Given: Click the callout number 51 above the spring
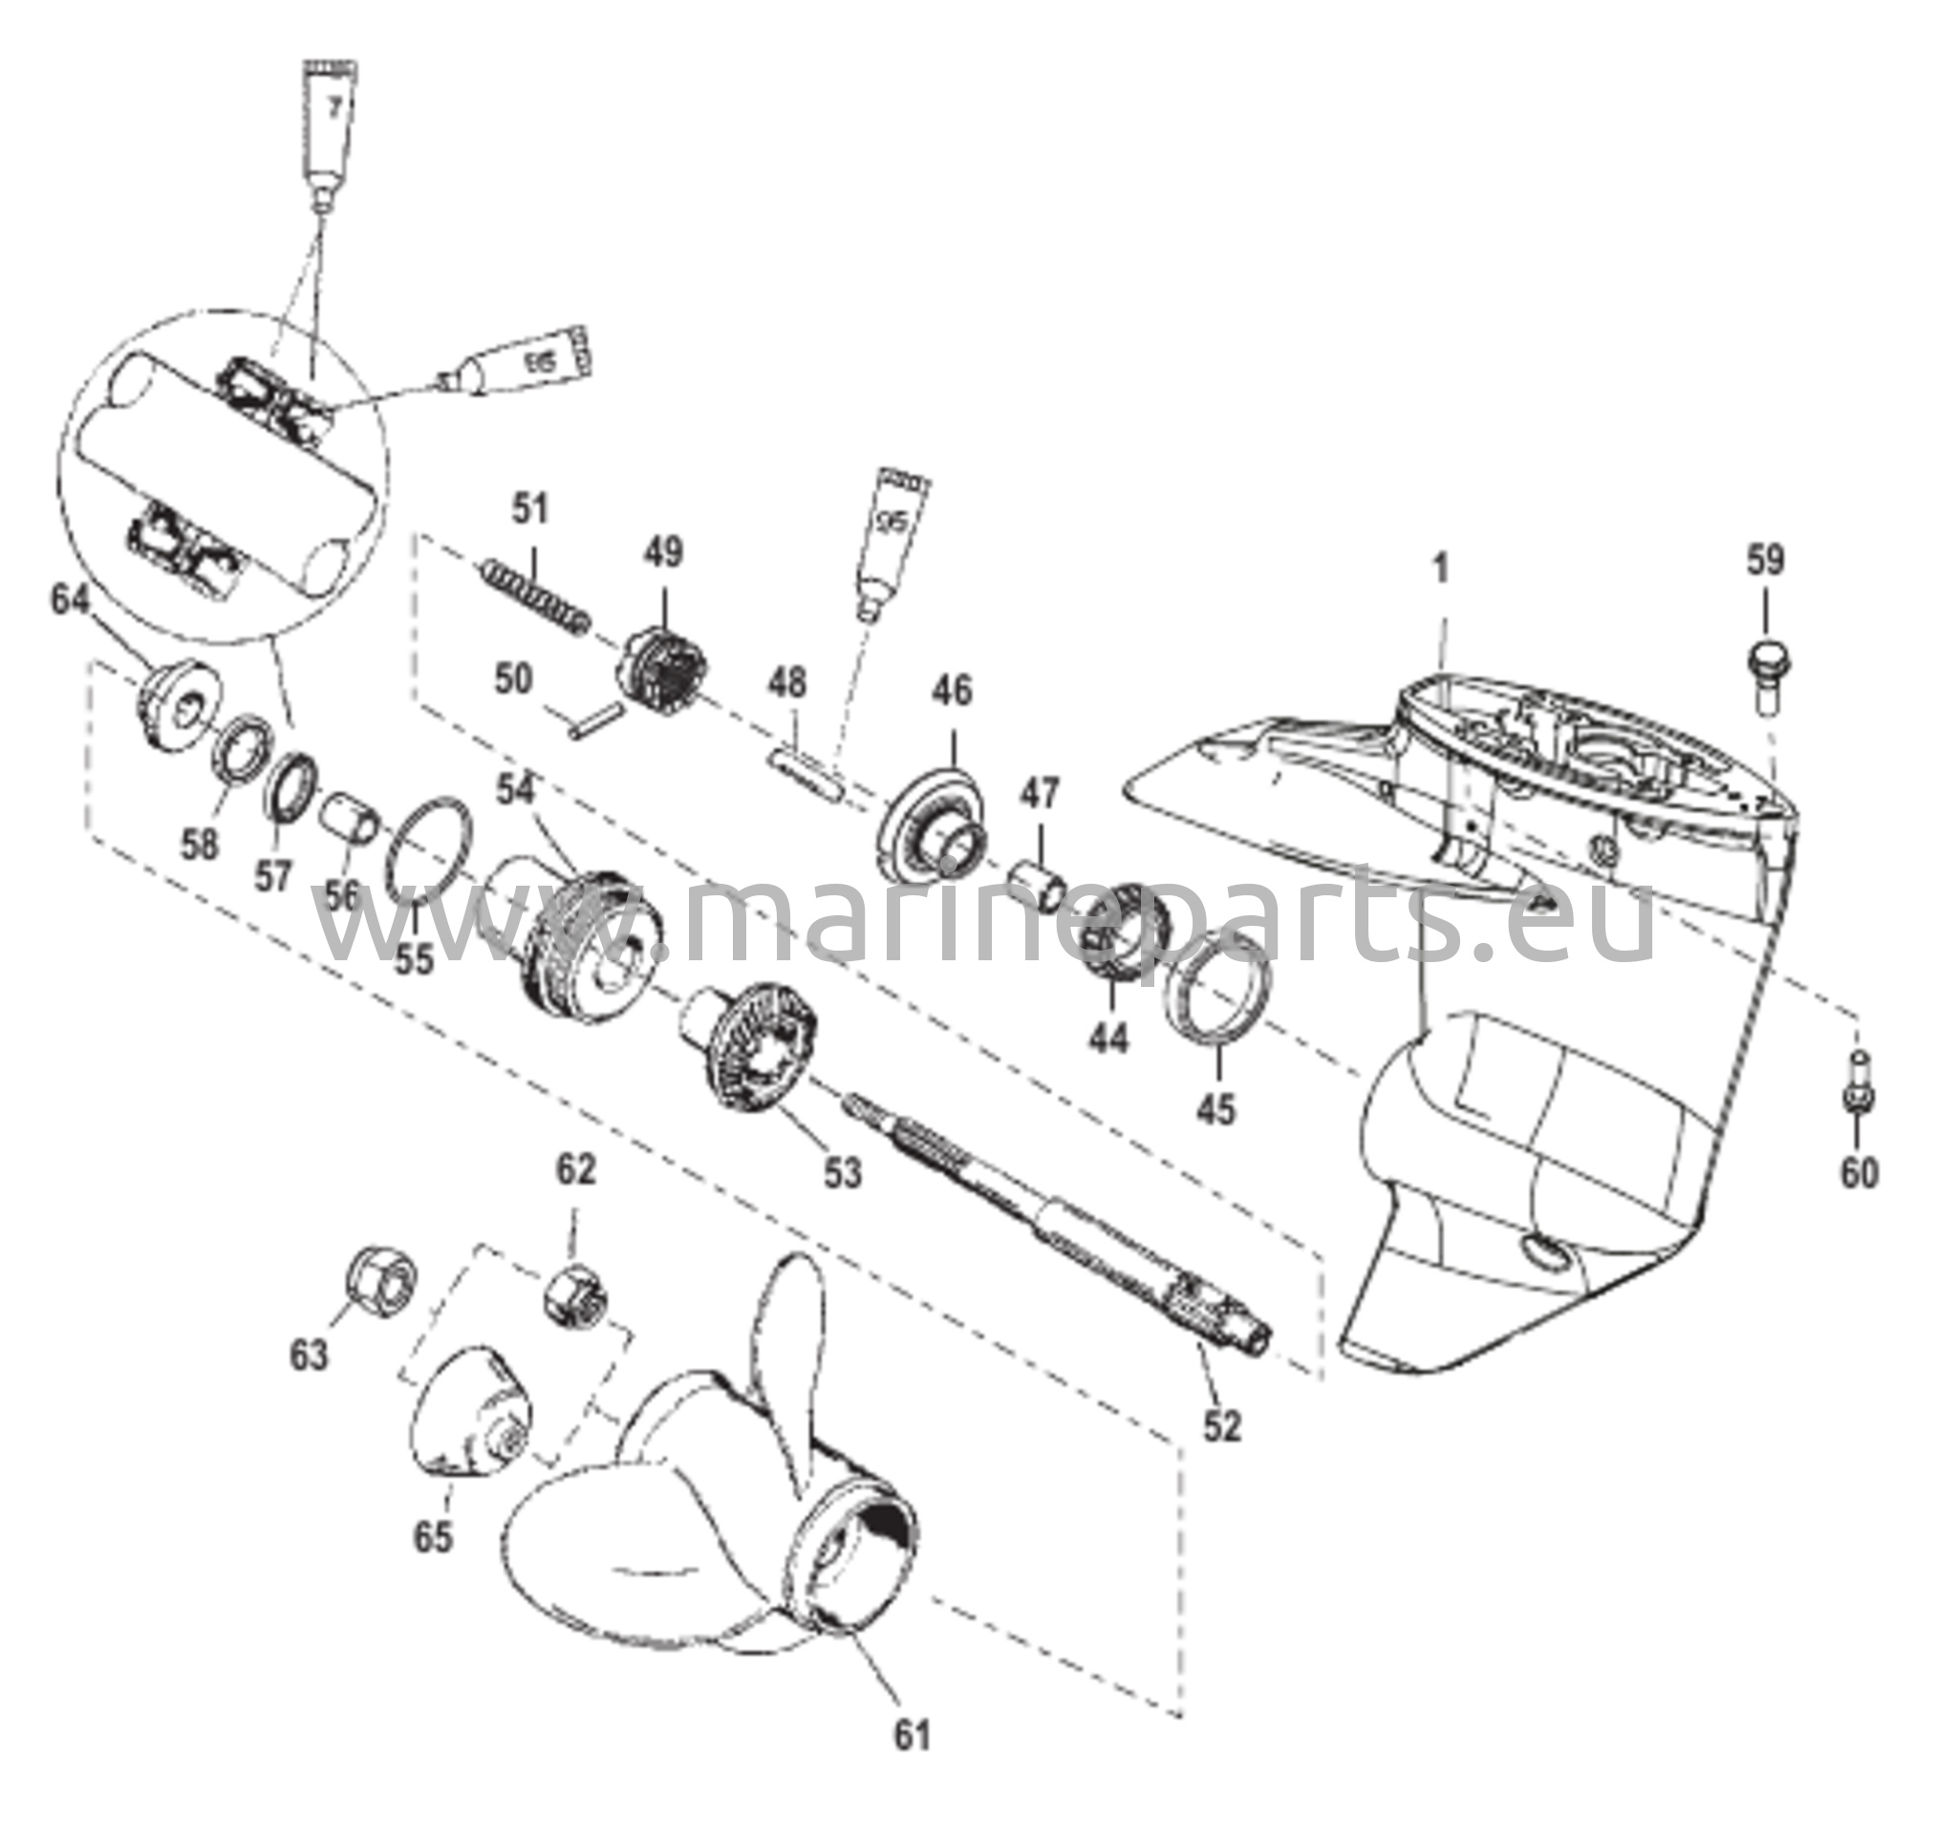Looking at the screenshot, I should coord(530,510).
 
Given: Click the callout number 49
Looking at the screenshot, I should coord(662,552).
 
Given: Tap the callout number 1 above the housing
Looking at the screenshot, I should coord(1441,569).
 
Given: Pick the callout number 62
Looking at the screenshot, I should coord(576,1169).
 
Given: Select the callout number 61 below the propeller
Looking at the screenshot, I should coord(912,1736).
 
